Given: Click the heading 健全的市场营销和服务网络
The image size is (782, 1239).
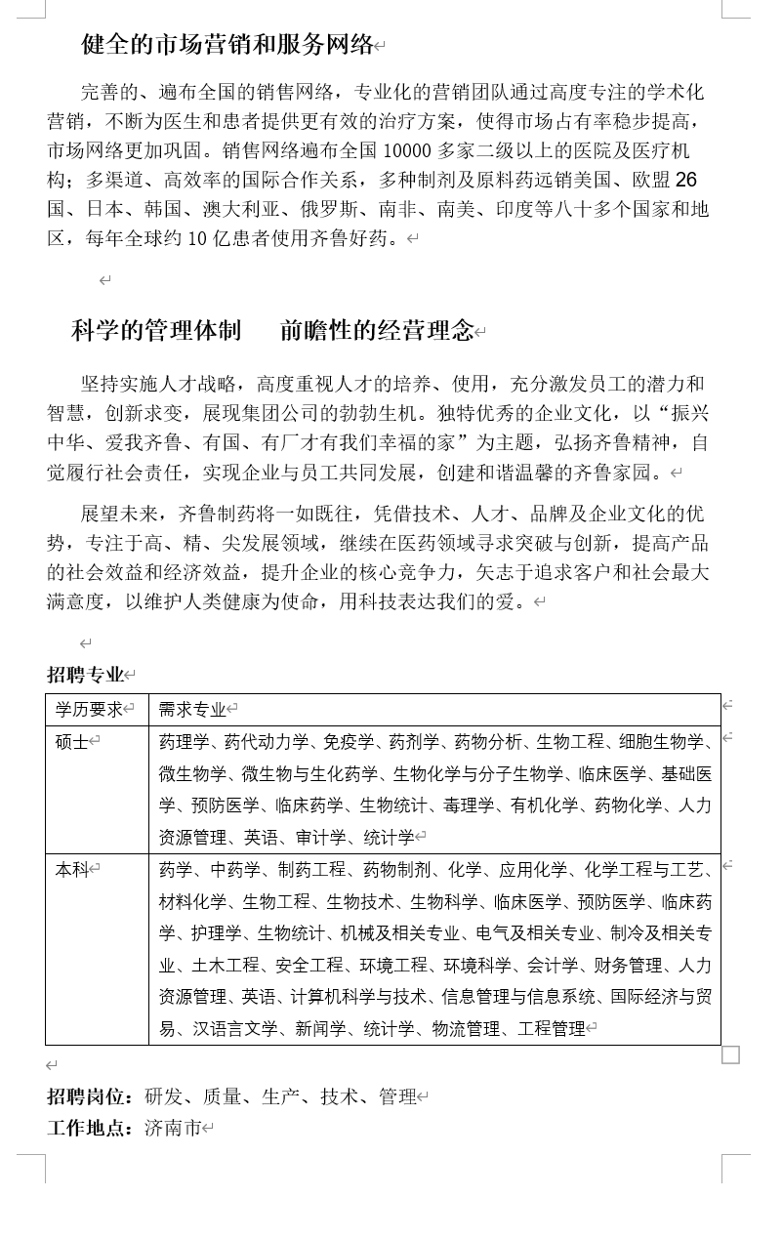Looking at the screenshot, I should pos(227,44).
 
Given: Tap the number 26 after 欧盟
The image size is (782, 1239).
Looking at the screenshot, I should pos(686,180).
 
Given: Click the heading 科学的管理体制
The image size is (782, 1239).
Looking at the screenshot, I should pos(156,331).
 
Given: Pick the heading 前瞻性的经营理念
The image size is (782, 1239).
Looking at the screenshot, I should pos(377,331).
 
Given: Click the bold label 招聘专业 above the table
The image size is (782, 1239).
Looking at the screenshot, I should pos(86,675).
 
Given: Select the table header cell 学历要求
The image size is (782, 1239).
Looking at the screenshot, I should pos(89,710).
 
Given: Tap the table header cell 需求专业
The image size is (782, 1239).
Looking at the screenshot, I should pos(192,710).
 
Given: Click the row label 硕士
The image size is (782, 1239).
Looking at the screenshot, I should pos(71,742).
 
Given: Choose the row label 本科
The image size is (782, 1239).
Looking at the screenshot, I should pos(71,869).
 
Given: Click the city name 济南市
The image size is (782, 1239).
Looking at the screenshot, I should pos(173,1129).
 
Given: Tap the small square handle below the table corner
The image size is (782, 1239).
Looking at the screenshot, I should pos(730,1054).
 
